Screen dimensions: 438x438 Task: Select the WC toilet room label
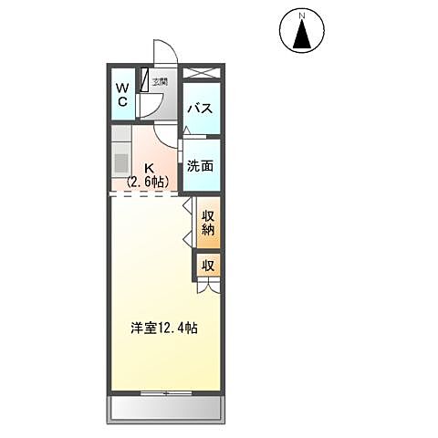(121, 94)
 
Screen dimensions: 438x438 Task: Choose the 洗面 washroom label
(201, 166)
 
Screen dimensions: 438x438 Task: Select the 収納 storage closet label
(208, 223)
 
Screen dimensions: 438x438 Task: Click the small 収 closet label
(208, 266)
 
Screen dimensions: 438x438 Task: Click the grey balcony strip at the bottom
(165, 407)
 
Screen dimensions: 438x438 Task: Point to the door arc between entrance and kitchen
(164, 133)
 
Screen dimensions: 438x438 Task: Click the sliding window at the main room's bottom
(166, 392)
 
